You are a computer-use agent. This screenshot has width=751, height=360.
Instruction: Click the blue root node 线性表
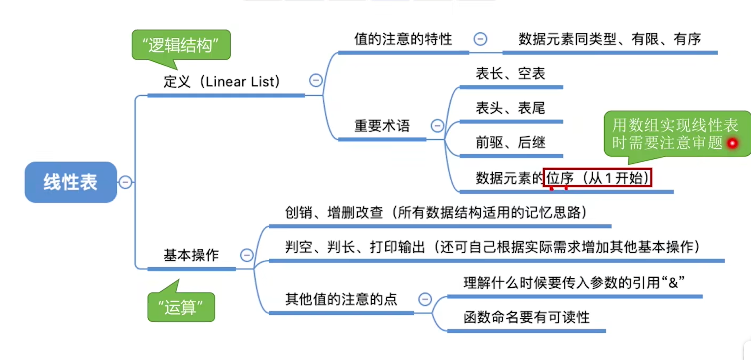[x=71, y=182]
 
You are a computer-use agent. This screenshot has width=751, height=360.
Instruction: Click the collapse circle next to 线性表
[x=125, y=182]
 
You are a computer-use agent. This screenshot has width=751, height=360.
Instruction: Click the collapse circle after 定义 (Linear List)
[x=316, y=80]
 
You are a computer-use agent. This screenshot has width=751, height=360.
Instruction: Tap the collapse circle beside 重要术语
[x=437, y=126]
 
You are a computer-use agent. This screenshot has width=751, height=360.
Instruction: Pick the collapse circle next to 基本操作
[x=247, y=255]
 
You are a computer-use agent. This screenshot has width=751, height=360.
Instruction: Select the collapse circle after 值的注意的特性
[x=480, y=39]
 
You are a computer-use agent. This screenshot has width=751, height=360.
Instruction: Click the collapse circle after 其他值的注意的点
[x=425, y=299]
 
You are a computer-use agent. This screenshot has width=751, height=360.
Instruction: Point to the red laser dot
[x=732, y=143]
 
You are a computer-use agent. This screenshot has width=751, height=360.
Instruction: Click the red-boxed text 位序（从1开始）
[x=597, y=177]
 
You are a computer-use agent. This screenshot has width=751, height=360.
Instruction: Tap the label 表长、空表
[x=511, y=73]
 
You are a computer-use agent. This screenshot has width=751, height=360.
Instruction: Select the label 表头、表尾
[x=511, y=108]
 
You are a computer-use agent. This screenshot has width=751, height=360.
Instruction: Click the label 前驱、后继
[x=511, y=142]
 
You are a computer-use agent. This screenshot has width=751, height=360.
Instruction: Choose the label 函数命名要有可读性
[x=527, y=317]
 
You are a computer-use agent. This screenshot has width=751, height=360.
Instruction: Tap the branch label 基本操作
[x=191, y=255]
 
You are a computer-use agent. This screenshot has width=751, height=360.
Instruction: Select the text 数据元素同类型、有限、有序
[x=610, y=39]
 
